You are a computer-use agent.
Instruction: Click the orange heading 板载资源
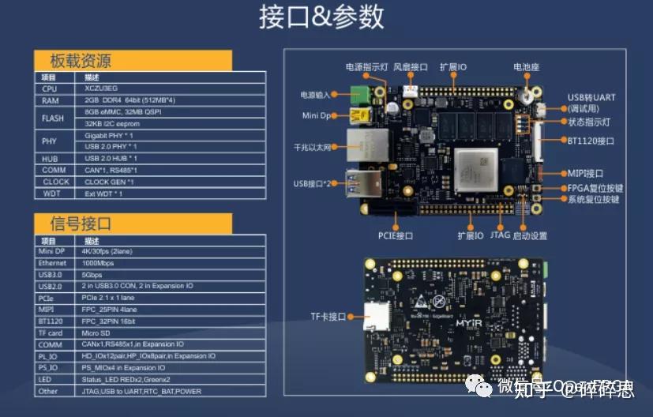pos(81,61)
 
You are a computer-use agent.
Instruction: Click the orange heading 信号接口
pos(81,224)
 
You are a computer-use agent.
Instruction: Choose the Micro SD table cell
pos(99,333)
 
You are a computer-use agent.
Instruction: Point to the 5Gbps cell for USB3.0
pos(96,274)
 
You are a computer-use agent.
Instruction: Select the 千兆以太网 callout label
pos(312,148)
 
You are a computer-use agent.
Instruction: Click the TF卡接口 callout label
pos(328,317)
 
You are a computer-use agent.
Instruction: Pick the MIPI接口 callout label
pos(585,173)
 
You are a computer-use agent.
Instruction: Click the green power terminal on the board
pos(362,94)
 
